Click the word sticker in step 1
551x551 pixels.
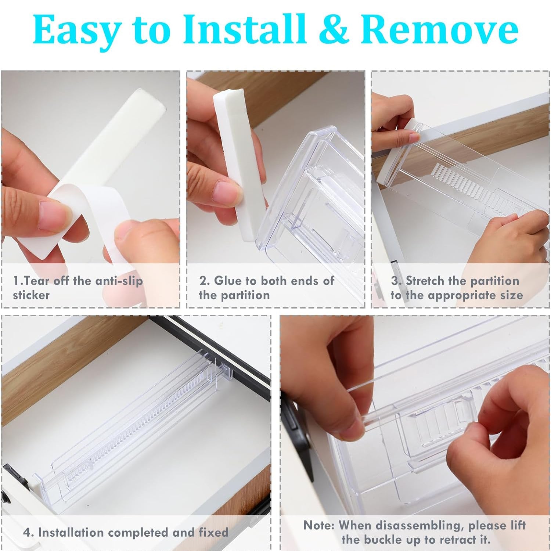(31, 295)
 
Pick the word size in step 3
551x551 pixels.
(511, 295)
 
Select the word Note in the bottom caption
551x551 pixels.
(318, 525)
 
